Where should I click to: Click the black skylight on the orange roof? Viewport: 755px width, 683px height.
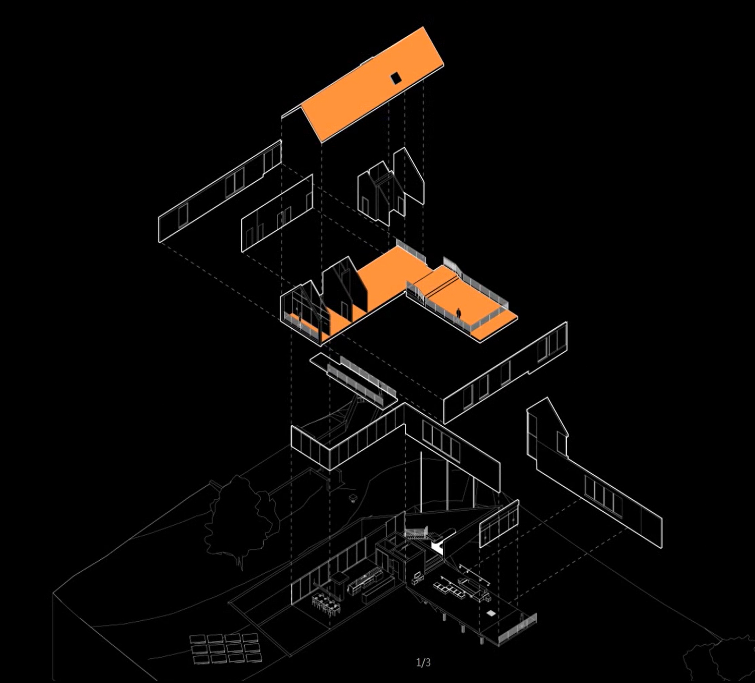396,78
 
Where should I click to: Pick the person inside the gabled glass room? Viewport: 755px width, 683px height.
299,317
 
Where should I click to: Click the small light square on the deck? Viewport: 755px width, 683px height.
491,613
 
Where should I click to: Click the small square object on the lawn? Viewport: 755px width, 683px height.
353,497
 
